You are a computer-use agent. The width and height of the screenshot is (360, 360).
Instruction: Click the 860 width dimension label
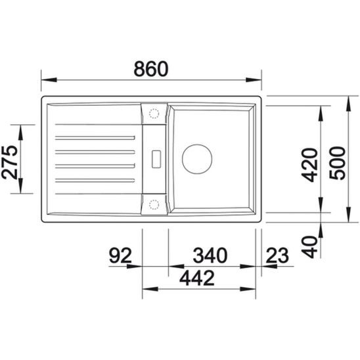151,68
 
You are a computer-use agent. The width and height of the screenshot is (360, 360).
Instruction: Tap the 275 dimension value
9,162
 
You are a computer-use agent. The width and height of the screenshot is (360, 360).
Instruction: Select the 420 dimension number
309,165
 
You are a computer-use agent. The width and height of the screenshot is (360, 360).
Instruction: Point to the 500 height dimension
337,163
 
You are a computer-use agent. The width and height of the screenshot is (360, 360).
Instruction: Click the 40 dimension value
309,247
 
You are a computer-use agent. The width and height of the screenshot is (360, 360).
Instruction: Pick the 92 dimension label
120,256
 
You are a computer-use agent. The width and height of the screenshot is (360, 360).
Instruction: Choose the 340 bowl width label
210,256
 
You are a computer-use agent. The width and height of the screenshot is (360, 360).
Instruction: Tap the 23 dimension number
277,256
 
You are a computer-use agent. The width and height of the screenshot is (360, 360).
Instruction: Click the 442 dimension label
197,278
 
